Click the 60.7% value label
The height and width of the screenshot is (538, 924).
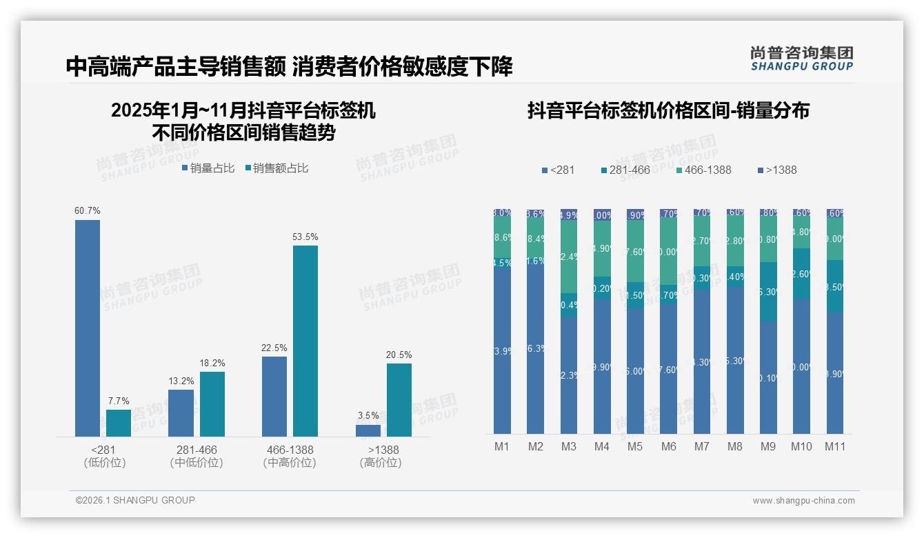[x=88, y=210]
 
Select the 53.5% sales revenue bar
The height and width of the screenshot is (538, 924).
[x=305, y=341]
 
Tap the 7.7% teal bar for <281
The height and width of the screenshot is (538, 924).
[x=119, y=423]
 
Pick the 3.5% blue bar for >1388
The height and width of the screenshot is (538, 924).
[x=368, y=430]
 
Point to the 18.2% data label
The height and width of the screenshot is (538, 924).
[x=212, y=363]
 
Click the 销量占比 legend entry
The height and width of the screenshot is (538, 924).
[x=208, y=168]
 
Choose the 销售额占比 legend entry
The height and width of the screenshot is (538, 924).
[x=277, y=168]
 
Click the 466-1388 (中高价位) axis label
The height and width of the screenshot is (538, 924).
[x=290, y=456]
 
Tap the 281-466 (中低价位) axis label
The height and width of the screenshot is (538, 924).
[x=197, y=456]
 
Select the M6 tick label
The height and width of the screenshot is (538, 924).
[x=668, y=446]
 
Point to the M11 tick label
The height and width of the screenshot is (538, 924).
[x=835, y=446]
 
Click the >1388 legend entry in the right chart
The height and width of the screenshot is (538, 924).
[x=777, y=170]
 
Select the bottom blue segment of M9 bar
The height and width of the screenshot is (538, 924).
[x=768, y=378]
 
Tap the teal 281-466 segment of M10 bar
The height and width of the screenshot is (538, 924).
[x=801, y=274]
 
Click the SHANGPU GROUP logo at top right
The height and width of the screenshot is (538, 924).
[x=801, y=59]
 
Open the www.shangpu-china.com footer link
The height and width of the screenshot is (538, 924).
[x=803, y=501]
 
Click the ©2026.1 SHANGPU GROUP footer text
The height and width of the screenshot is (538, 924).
[x=135, y=500]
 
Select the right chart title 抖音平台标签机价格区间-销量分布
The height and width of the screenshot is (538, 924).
[x=668, y=110]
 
